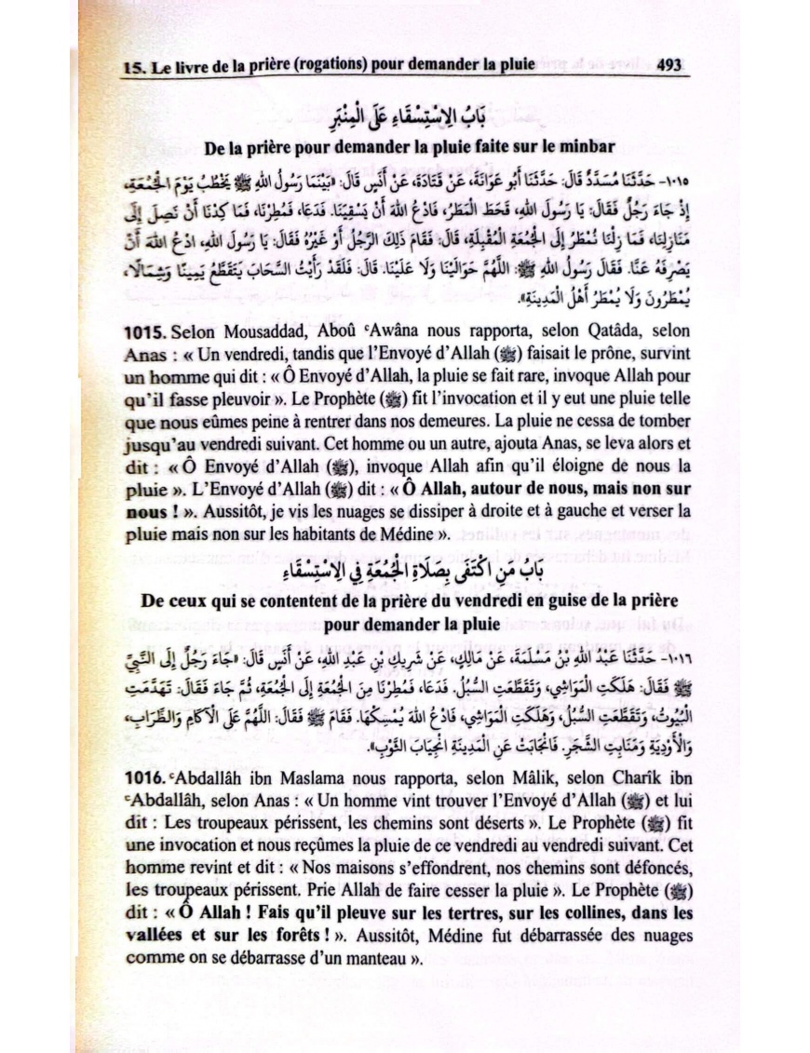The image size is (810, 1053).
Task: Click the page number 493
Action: pos(670,65)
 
